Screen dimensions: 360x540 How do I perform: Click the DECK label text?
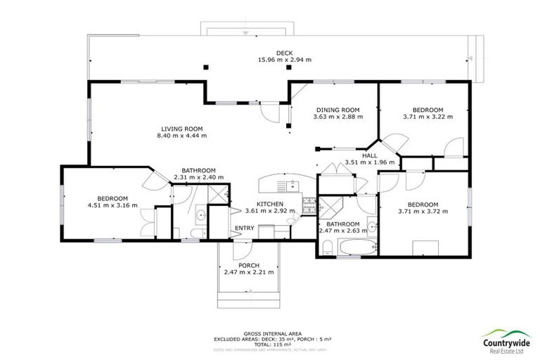pos(284,53)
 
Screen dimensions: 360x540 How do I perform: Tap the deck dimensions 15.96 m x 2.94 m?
pos(284,60)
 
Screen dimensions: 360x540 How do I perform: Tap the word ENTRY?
pos(245,228)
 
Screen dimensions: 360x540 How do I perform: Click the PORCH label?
pos(248,265)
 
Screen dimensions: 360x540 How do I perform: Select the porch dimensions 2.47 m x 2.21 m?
pos(248,272)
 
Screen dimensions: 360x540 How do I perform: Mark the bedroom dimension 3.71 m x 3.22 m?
pos(427,117)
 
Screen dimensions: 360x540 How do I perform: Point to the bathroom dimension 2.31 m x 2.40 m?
pos(198,177)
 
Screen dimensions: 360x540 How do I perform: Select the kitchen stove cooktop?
pos(308,205)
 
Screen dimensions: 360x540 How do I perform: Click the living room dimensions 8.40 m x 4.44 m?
pos(181,136)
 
